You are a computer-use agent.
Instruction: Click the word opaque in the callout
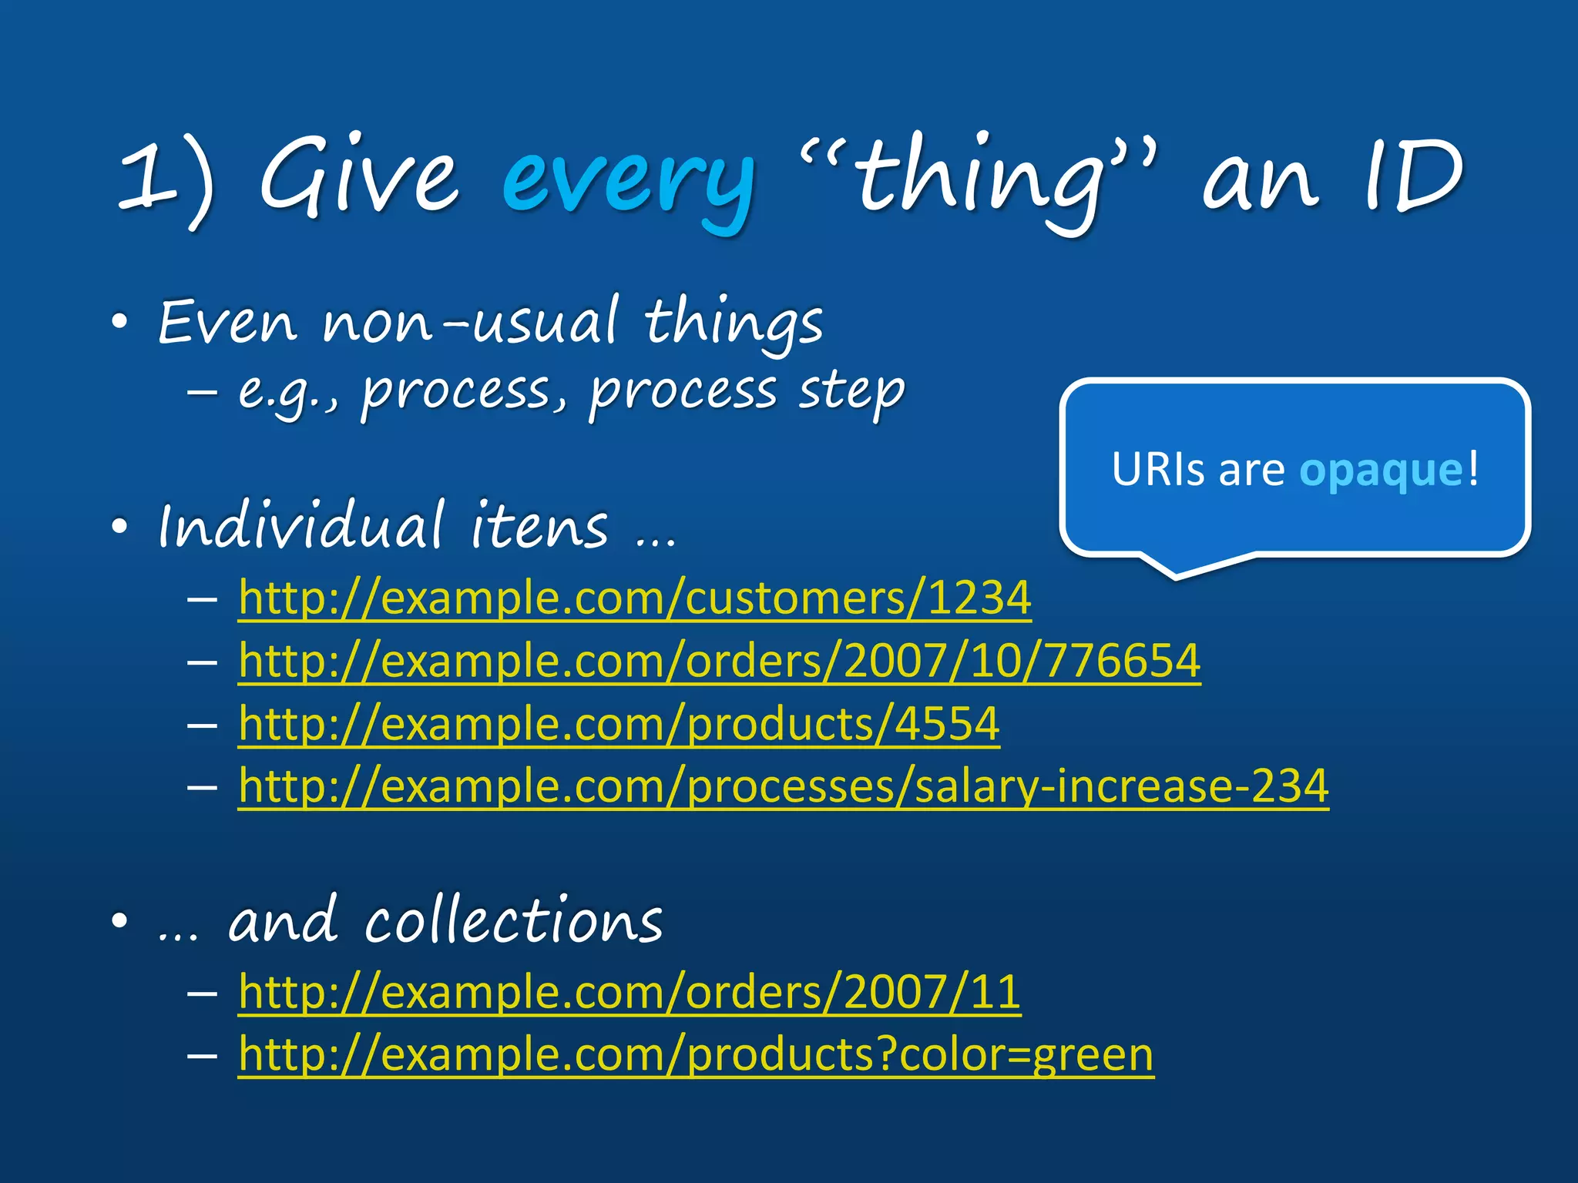pyautogui.click(x=1381, y=470)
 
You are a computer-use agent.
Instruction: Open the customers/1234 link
pyautogui.click(x=635, y=598)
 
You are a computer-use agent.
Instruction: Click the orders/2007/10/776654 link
pyautogui.click(x=720, y=661)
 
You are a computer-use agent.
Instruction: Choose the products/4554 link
pyautogui.click(x=619, y=724)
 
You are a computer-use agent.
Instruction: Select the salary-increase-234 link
pyautogui.click(x=784, y=786)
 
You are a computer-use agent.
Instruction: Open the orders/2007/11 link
pyautogui.click(x=630, y=992)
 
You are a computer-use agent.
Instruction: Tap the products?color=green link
pyautogui.click(x=696, y=1054)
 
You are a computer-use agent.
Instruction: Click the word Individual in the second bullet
pyautogui.click(x=301, y=526)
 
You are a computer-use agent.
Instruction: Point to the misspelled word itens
pyautogui.click(x=539, y=526)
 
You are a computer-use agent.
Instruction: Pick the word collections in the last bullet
pyautogui.click(x=513, y=921)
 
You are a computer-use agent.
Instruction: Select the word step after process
pyautogui.click(x=851, y=391)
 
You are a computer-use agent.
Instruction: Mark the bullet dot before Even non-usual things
pyautogui.click(x=119, y=322)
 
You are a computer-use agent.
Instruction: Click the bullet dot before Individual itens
pyautogui.click(x=119, y=528)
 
